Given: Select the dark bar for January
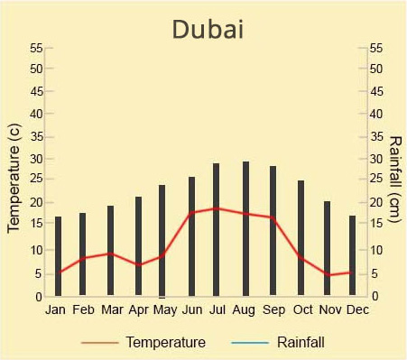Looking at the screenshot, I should tap(59, 256).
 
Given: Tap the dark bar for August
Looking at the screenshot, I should tap(245, 228).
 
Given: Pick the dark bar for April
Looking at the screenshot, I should tap(138, 245).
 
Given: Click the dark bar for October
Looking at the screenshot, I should tap(301, 237).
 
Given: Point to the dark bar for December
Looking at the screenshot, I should tap(353, 255).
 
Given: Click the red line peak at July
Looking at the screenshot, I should tap(216, 208).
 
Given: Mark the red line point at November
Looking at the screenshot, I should tap(328, 275).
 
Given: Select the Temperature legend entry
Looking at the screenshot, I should tap(165, 343).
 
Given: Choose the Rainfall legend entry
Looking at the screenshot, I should tap(300, 343).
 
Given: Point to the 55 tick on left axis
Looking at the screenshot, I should tap(36, 47).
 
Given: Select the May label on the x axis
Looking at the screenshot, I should tap(164, 310).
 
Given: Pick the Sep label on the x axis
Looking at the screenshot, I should tap(273, 310).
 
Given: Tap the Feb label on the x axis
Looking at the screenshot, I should tap(83, 310).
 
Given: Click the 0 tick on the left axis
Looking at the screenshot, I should tap(39, 296).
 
